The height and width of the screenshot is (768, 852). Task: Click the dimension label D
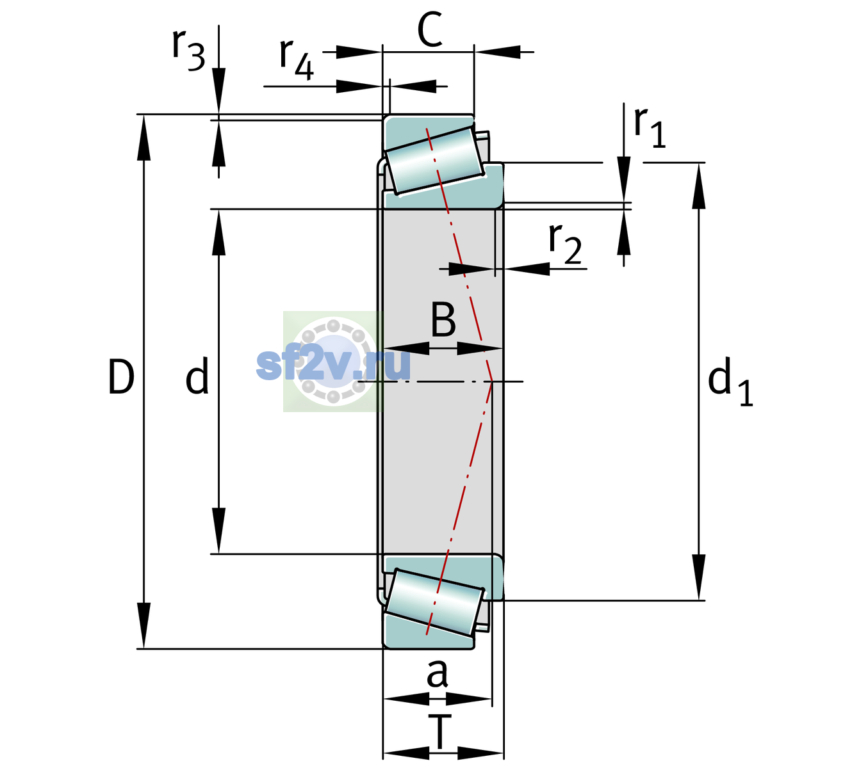point(121,377)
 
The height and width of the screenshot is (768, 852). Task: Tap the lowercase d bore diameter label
point(197,375)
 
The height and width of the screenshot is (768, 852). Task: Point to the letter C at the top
point(430,29)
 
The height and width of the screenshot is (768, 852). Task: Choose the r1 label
point(650,127)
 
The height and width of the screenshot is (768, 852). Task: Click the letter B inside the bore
point(443,319)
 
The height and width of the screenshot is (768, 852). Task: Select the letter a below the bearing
point(437,673)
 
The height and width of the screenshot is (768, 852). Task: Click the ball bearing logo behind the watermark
point(333,362)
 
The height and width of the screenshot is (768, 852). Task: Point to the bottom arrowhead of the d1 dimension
point(699,577)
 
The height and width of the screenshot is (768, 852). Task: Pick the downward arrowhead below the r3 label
point(218,91)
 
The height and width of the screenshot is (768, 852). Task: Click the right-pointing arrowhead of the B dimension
point(480,349)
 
